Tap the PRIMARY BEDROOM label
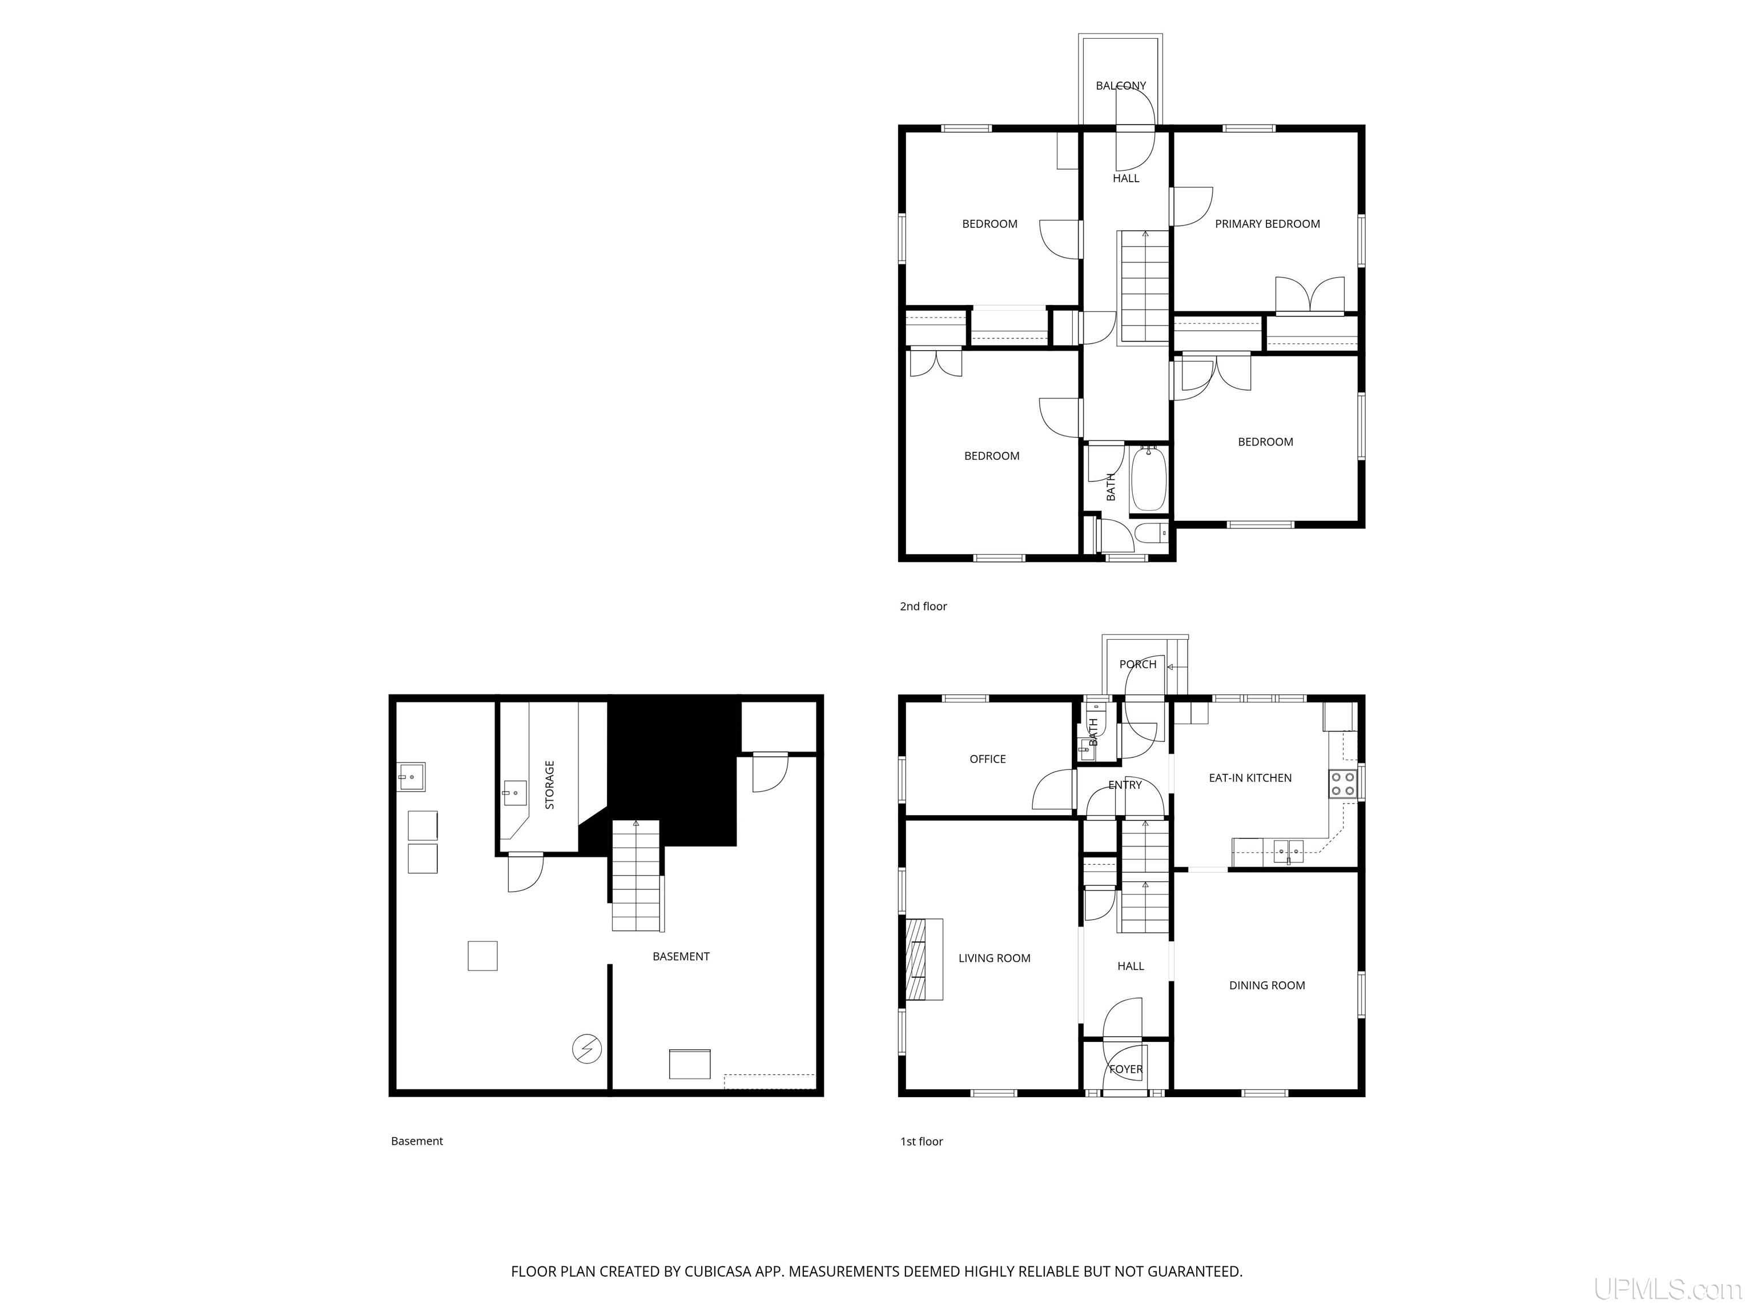[x=1267, y=224]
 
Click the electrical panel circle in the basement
[x=587, y=1049]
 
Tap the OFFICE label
[x=987, y=759]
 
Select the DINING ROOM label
[x=1266, y=985]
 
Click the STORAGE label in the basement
[x=549, y=785]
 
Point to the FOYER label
[x=1125, y=1069]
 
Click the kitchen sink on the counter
[x=1289, y=851]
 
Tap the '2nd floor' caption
[x=923, y=606]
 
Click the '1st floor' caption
[x=922, y=1141]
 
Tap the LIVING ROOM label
[x=995, y=958]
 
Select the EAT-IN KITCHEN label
[x=1250, y=778]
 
